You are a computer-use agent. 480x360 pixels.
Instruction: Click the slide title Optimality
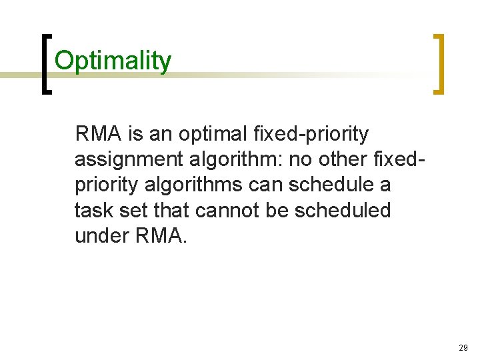point(113,61)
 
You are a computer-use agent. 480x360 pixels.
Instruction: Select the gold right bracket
point(438,65)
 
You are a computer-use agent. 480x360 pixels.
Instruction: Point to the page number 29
point(463,348)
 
